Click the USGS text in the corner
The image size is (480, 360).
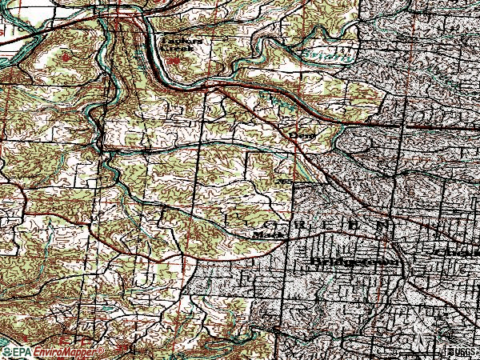click(x=462, y=352)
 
